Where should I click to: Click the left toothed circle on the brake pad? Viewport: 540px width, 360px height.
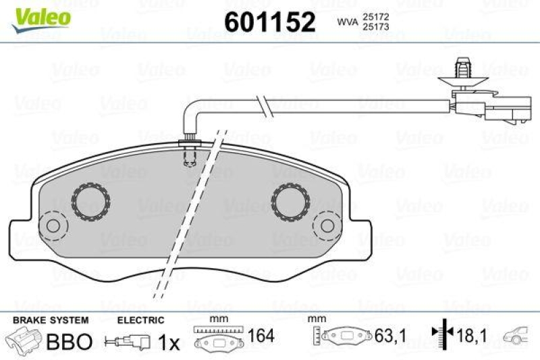(x=91, y=201)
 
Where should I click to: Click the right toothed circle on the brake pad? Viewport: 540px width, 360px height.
(x=290, y=201)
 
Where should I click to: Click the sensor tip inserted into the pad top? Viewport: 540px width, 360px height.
(x=190, y=154)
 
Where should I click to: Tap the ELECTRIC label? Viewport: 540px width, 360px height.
(x=141, y=320)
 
